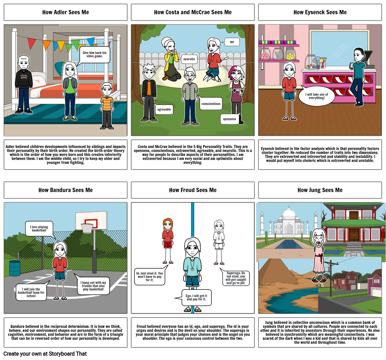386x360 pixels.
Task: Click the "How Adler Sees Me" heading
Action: coord(66,12)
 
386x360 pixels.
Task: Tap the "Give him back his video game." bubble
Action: coord(94,55)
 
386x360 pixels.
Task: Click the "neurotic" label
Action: coord(189,60)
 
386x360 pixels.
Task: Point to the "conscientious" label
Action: coord(211,104)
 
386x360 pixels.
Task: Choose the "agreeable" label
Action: coord(164,109)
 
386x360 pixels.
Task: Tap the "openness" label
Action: coord(229,119)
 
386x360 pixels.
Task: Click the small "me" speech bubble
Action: coord(232,42)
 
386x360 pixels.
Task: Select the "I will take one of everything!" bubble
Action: coord(316,96)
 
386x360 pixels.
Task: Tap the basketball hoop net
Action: coord(87,228)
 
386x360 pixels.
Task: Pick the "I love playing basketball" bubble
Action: coord(39,229)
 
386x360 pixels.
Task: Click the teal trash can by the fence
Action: coord(15,268)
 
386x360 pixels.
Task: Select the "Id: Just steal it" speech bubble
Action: coord(149,277)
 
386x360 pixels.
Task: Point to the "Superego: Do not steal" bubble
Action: coord(236,278)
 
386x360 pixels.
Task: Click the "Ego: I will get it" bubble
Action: coord(196,297)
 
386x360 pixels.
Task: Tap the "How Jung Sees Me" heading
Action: coord(320,190)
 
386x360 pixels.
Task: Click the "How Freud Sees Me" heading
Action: coord(193,190)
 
